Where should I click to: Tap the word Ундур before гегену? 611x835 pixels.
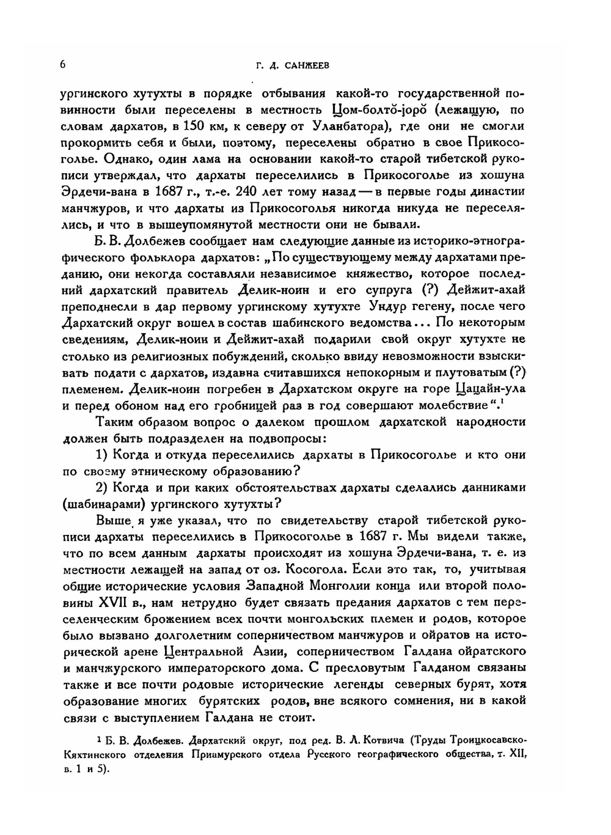389,306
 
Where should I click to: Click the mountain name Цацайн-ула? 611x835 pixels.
491,388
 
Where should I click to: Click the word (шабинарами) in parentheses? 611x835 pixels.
103,504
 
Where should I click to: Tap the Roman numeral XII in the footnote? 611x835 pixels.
516,756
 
